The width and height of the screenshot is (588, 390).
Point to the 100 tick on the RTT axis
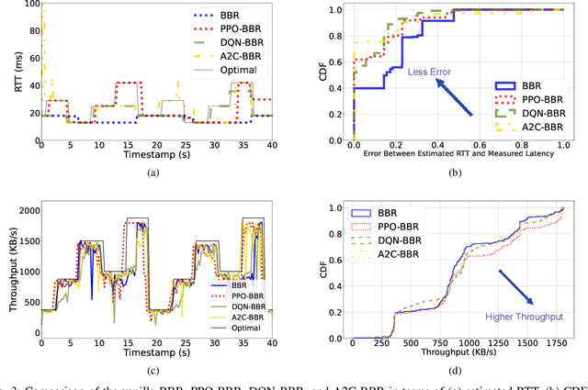tap(29, 4)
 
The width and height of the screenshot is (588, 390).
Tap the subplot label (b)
tap(458, 170)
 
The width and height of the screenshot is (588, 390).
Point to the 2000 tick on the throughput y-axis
tap(27, 211)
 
